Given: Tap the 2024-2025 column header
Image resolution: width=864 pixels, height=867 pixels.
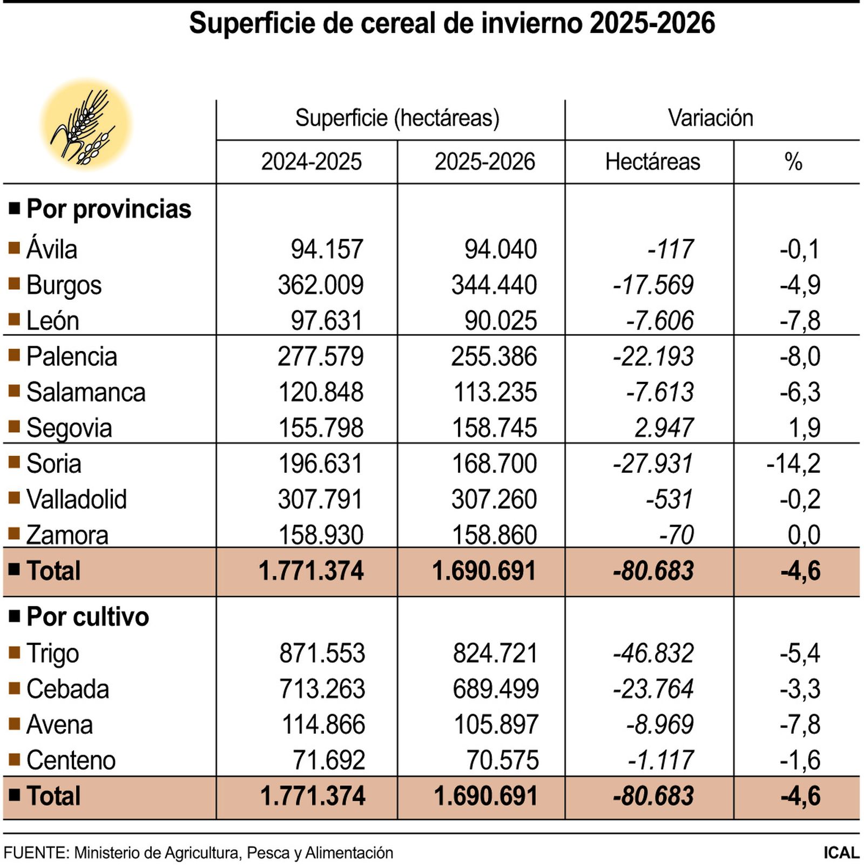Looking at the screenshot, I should pyautogui.click(x=311, y=162).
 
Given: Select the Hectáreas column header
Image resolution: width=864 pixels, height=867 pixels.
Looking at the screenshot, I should pyautogui.click(x=652, y=162).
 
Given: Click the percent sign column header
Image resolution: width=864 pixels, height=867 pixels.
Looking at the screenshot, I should pyautogui.click(x=793, y=162).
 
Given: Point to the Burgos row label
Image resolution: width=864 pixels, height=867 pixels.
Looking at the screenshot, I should pyautogui.click(x=64, y=285).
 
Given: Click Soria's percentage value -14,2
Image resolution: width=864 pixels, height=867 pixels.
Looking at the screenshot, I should pyautogui.click(x=793, y=463).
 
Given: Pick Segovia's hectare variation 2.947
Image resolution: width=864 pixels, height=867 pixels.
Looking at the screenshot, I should pyautogui.click(x=664, y=428).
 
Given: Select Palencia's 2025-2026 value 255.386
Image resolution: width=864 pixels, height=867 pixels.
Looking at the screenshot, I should pyautogui.click(x=494, y=357).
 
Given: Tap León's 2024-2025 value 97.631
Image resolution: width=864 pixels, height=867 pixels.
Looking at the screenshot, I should pyautogui.click(x=326, y=321).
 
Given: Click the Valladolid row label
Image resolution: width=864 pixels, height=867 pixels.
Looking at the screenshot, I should pyautogui.click(x=76, y=499).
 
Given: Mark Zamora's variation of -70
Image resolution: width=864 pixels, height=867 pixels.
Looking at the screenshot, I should pyautogui.click(x=676, y=535).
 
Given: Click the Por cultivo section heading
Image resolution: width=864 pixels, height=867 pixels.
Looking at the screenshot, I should pyautogui.click(x=87, y=617).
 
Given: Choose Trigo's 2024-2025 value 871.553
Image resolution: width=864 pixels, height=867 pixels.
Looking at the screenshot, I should pyautogui.click(x=322, y=653).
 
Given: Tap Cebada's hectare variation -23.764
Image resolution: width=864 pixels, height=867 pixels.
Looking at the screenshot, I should pyautogui.click(x=653, y=689).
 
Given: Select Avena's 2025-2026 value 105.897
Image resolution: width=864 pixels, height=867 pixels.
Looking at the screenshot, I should pyautogui.click(x=496, y=724).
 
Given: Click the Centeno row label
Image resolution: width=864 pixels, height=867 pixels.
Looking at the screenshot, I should pyautogui.click(x=71, y=760).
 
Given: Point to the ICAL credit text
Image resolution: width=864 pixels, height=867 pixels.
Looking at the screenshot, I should pyautogui.click(x=841, y=853).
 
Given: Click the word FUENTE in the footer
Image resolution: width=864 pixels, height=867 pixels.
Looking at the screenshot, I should pyautogui.click(x=36, y=853).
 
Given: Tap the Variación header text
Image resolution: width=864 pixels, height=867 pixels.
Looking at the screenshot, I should pyautogui.click(x=710, y=118).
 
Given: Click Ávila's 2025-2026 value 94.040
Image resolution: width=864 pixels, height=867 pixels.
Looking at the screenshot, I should pyautogui.click(x=501, y=250).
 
